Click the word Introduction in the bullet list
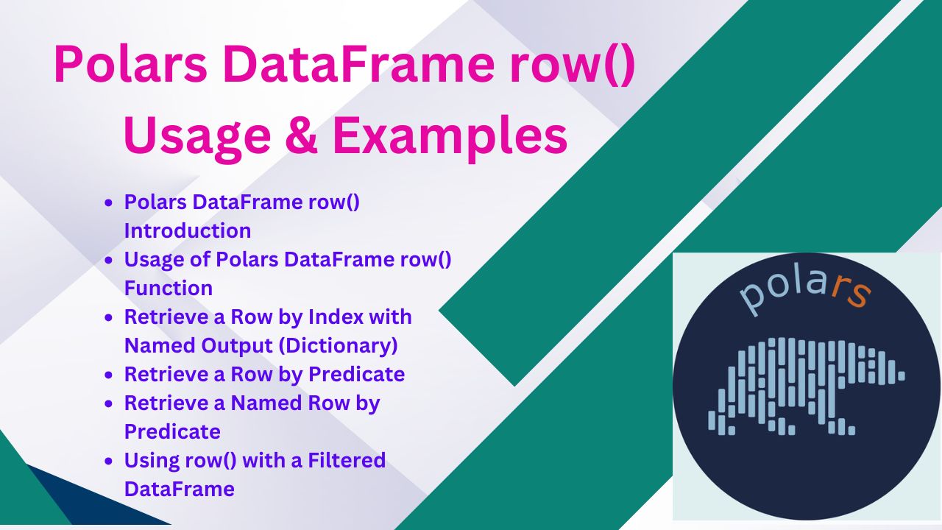point(188,230)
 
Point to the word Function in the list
point(169,288)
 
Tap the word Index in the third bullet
point(336,317)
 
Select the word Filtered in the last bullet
point(347,460)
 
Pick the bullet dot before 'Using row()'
point(109,461)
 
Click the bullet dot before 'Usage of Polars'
point(109,260)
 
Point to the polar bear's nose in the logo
point(902,375)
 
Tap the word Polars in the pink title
point(130,65)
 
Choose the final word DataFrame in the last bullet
point(179,489)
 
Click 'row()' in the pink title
point(573,66)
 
